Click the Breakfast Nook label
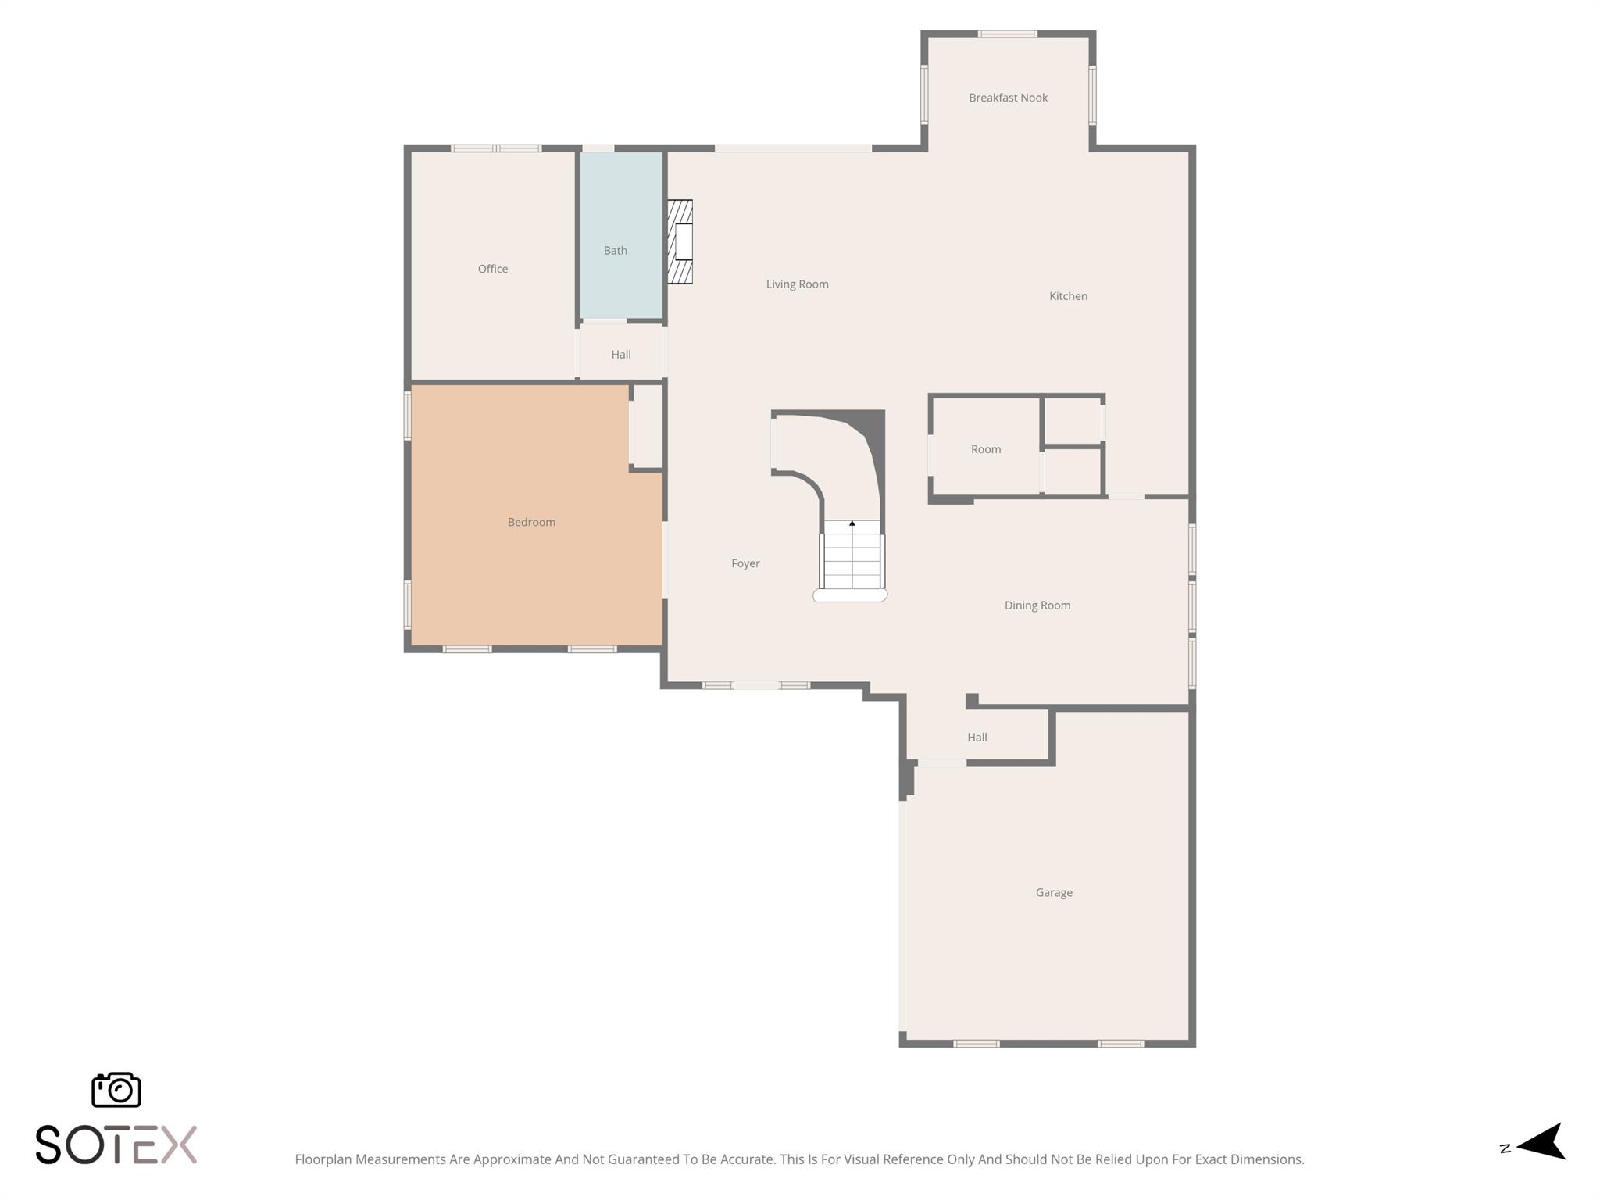pyautogui.click(x=1008, y=98)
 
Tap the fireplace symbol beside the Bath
pyautogui.click(x=680, y=241)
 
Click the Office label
pyautogui.click(x=493, y=269)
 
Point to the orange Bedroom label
pyautogui.click(x=531, y=522)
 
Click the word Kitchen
pyautogui.click(x=1068, y=296)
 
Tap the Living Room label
pyautogui.click(x=797, y=284)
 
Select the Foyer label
pyautogui.click(x=745, y=563)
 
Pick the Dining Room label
pyautogui.click(x=1037, y=605)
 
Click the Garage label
pyautogui.click(x=1054, y=892)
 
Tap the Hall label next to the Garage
pyautogui.click(x=977, y=737)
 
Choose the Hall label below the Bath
pyautogui.click(x=621, y=355)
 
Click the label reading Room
pyautogui.click(x=986, y=449)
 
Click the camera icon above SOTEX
pyautogui.click(x=116, y=1089)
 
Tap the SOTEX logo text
pyautogui.click(x=116, y=1145)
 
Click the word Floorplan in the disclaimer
pyautogui.click(x=323, y=1159)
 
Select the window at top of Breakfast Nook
pyautogui.click(x=1008, y=34)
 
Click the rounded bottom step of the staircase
pyautogui.click(x=850, y=595)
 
